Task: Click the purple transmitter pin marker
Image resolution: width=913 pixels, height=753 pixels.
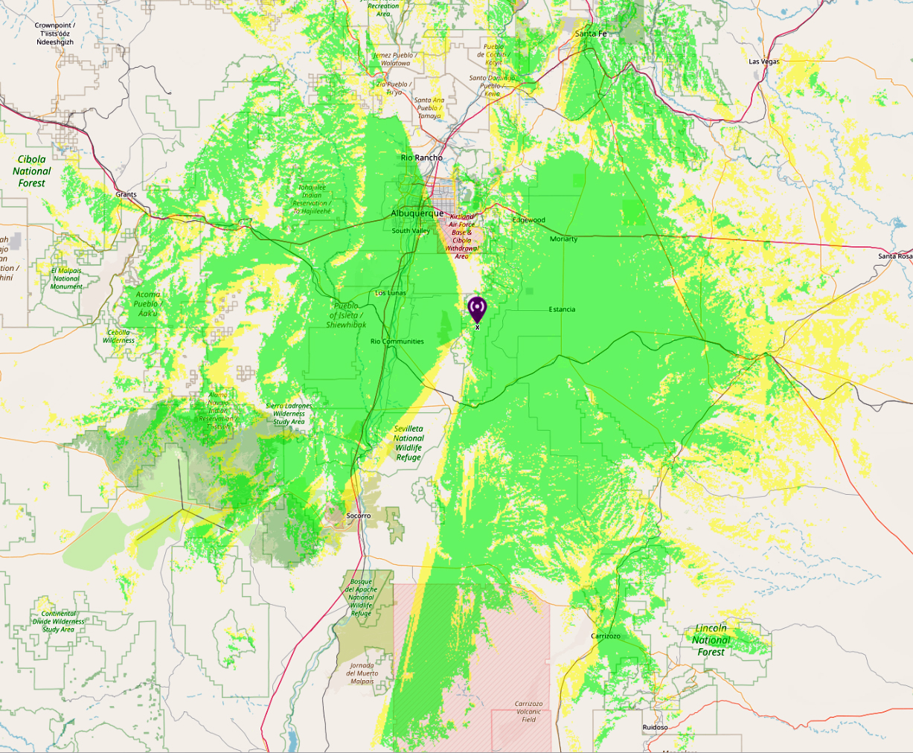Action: click(x=476, y=309)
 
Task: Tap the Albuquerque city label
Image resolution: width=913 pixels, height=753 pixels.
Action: click(x=417, y=214)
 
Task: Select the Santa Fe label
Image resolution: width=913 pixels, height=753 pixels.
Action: click(x=591, y=34)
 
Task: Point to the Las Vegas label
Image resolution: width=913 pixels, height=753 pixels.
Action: click(x=763, y=62)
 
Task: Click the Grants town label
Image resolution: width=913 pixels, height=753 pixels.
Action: click(x=126, y=195)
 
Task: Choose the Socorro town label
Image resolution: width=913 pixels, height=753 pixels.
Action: click(x=359, y=516)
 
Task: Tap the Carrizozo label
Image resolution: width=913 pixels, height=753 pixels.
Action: click(x=605, y=636)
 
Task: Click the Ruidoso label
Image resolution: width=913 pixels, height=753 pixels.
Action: click(x=655, y=727)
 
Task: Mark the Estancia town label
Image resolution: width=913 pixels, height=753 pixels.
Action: click(x=562, y=310)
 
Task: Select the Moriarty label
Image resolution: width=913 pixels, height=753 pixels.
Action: click(x=563, y=240)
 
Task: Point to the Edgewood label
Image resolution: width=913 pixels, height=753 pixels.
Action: click(x=528, y=220)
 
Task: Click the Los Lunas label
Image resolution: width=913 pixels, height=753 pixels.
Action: click(x=391, y=293)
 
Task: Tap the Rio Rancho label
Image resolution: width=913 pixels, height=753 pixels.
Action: click(x=421, y=158)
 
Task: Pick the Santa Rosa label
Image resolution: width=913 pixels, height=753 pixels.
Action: click(x=895, y=257)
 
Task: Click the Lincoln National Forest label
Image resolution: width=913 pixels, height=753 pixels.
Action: click(x=711, y=640)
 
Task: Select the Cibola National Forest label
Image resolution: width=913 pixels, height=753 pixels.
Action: click(x=32, y=171)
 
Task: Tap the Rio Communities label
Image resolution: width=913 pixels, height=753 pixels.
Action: click(x=397, y=342)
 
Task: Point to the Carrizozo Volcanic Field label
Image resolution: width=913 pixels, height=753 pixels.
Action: click(x=528, y=711)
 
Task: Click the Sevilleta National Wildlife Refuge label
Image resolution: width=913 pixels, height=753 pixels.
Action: click(x=409, y=443)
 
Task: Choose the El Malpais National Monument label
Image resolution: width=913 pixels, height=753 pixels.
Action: click(x=66, y=278)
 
